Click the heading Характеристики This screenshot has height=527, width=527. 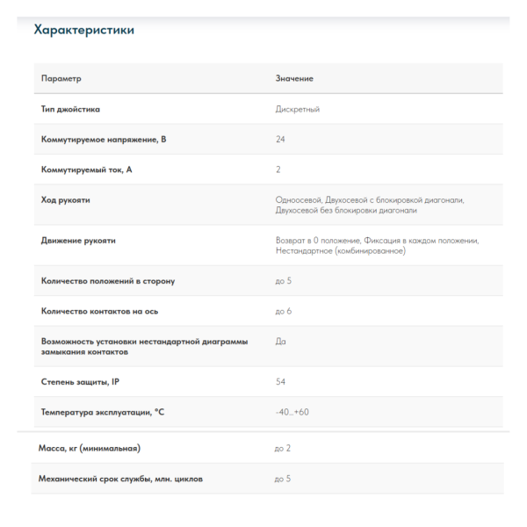click(x=83, y=30)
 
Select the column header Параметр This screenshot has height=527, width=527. click(x=61, y=79)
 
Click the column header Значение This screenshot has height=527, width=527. click(x=294, y=79)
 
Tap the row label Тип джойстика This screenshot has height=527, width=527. click(x=71, y=110)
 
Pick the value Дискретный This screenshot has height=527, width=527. click(x=298, y=110)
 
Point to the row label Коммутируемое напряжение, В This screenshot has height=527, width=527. click(x=104, y=140)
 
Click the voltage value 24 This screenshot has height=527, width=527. click(x=280, y=140)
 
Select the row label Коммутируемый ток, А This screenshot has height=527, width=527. click(x=87, y=170)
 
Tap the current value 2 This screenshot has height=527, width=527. click(x=278, y=170)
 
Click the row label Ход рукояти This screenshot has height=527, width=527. click(x=66, y=199)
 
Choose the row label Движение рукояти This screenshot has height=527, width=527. click(x=78, y=240)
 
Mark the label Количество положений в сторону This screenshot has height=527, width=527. click(x=108, y=281)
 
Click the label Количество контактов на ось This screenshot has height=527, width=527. click(x=99, y=311)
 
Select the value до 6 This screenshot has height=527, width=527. click(x=284, y=311)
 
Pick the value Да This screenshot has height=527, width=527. click(x=281, y=341)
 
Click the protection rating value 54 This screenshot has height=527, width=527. click(x=280, y=381)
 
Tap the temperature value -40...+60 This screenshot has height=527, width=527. click(x=292, y=411)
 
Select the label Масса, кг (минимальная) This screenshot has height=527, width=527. click(x=90, y=448)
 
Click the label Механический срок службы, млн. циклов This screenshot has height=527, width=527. click(x=121, y=479)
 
